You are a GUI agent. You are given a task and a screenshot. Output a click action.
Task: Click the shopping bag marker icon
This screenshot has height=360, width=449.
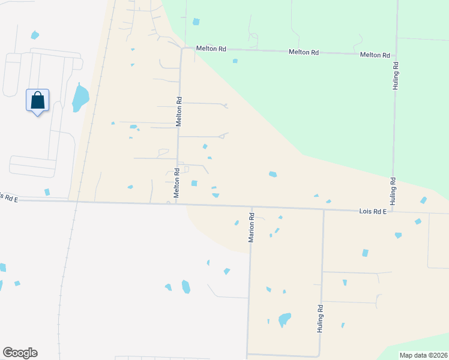tap(37, 100)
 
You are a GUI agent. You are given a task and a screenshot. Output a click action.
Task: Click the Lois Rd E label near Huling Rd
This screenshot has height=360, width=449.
tap(373, 212)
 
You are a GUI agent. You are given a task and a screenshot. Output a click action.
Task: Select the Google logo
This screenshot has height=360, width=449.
tap(20, 353)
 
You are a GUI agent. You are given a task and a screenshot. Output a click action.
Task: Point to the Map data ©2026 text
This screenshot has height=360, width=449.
tap(424, 355)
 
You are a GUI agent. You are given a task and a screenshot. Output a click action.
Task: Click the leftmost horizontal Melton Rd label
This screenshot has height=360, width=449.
tap(212, 49)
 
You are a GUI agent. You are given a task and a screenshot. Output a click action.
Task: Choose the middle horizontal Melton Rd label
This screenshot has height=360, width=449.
tap(303, 52)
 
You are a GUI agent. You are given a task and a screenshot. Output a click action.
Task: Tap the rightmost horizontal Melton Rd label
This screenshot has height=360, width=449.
tap(375, 55)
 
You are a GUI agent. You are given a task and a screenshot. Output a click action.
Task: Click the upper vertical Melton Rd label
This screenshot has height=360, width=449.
tap(178, 112)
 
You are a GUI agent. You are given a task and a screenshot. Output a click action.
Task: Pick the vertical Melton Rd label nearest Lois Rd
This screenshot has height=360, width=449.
tap(177, 183)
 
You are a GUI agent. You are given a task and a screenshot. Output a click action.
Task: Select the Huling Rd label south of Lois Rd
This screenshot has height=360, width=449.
tap(321, 319)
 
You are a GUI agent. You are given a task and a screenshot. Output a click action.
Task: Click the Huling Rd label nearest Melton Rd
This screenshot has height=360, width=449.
tap(396, 76)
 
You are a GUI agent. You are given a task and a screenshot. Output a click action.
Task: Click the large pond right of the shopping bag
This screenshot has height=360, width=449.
tap(80, 98)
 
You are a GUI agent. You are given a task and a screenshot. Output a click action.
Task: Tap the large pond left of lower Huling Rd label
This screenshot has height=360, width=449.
tap(284, 319)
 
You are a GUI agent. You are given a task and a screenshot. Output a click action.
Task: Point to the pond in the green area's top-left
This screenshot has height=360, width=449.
tap(196, 22)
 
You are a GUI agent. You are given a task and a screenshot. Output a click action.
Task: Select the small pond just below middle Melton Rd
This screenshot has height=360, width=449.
tap(235, 61)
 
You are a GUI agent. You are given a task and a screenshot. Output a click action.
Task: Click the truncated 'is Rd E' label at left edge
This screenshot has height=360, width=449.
tap(9, 197)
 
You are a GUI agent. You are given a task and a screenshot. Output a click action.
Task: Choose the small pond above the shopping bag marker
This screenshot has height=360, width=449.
tap(34, 34)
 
